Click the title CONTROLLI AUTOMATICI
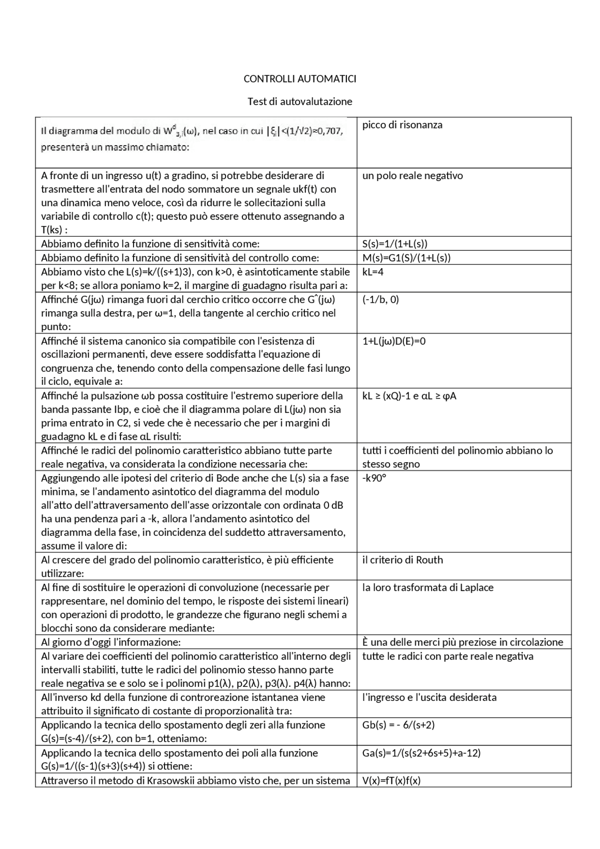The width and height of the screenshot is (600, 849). pyautogui.click(x=300, y=79)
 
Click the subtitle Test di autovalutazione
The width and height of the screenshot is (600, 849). pyautogui.click(x=300, y=101)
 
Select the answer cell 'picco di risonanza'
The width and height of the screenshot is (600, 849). pyautogui.click(x=402, y=125)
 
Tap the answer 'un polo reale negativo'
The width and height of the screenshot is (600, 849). pyautogui.click(x=412, y=176)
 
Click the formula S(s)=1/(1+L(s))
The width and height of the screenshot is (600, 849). pyautogui.click(x=395, y=244)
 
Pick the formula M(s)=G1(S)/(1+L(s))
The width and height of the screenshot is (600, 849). pyautogui.click(x=406, y=258)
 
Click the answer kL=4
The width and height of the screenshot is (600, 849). pyautogui.click(x=373, y=272)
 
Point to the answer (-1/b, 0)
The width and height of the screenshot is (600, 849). pyautogui.click(x=381, y=300)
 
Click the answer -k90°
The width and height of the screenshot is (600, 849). pyautogui.click(x=374, y=478)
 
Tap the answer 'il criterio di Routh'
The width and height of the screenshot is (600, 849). pyautogui.click(x=403, y=560)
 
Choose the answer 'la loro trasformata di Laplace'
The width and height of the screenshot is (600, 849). pyautogui.click(x=427, y=588)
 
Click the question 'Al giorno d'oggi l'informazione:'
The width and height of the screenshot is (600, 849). pyautogui.click(x=111, y=642)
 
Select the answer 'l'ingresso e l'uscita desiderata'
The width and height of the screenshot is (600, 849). pyautogui.click(x=429, y=698)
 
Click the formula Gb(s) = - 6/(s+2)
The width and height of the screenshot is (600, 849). pyautogui.click(x=398, y=725)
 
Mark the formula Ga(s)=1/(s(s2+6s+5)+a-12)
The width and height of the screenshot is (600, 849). pyautogui.click(x=421, y=753)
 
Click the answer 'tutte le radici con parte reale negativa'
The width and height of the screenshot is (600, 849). pyautogui.click(x=448, y=656)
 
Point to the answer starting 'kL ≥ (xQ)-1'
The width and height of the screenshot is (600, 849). pyautogui.click(x=409, y=396)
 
